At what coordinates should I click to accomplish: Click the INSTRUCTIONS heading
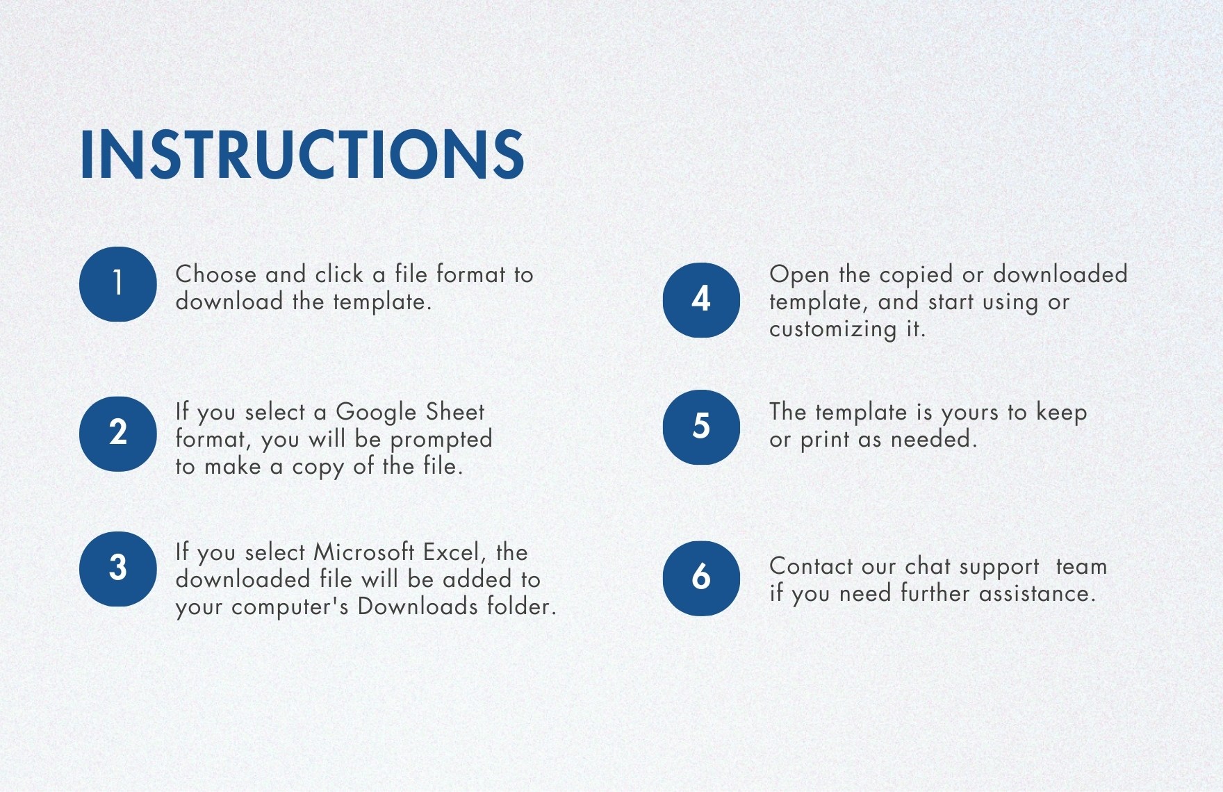302,154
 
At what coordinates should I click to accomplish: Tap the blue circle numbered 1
118,284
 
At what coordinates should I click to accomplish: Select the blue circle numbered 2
118,434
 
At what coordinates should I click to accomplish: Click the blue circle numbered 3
118,569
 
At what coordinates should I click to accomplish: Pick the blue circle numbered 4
701,300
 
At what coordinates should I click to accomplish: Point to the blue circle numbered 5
701,427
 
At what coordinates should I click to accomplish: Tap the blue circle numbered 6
701,578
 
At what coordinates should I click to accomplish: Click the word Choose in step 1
216,274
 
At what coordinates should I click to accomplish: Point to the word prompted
441,440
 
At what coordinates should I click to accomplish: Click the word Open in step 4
799,275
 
